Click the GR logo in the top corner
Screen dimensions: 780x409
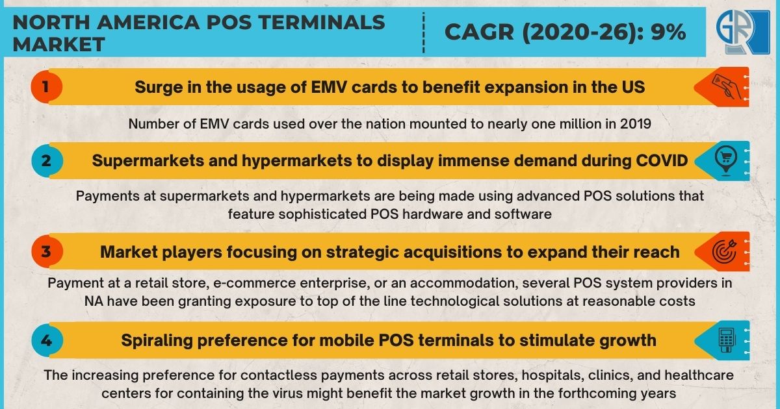[x=743, y=32]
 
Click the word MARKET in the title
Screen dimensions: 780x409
[x=58, y=45]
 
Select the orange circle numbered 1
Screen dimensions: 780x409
[x=46, y=86]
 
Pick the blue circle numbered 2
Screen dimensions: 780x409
[x=47, y=161]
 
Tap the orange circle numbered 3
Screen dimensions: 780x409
[x=47, y=251]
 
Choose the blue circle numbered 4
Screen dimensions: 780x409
[x=47, y=340]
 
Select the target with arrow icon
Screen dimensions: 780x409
[x=725, y=251]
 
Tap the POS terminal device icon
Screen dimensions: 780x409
[x=727, y=340]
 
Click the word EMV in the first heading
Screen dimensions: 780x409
[x=329, y=87]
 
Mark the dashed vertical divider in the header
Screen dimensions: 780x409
[x=423, y=32]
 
